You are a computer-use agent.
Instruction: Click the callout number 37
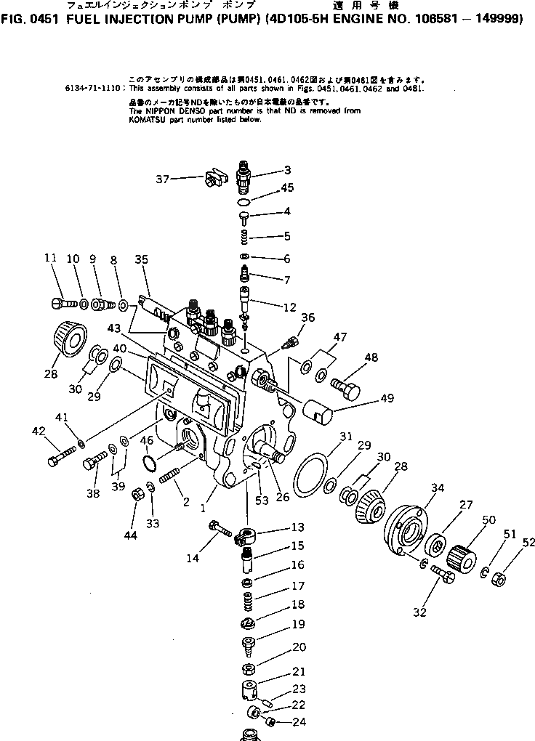click(x=164, y=177)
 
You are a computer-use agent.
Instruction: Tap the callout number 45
click(x=287, y=189)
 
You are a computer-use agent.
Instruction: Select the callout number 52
click(x=528, y=541)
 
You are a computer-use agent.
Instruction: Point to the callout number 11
click(x=49, y=258)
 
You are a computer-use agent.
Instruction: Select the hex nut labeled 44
click(x=135, y=495)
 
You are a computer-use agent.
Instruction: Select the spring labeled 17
click(x=247, y=602)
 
